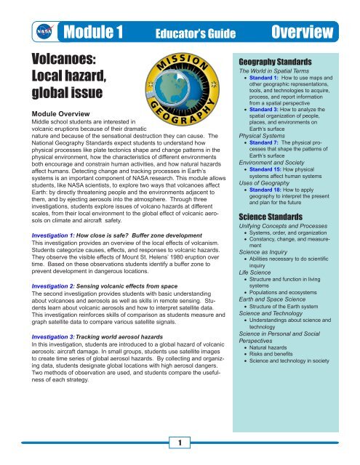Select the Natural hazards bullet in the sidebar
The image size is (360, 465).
pos(277,329)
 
